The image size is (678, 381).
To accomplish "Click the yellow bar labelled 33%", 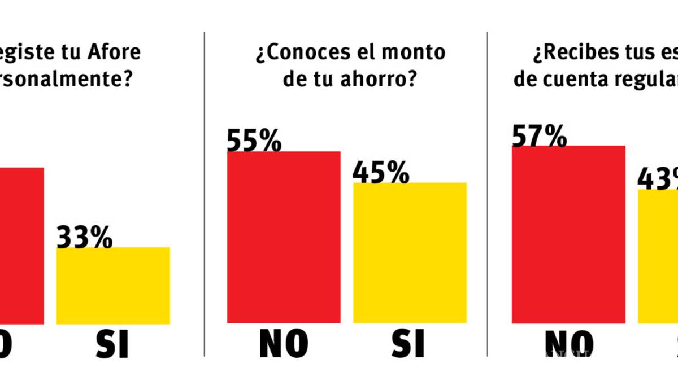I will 113,285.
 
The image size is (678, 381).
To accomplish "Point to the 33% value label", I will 85,238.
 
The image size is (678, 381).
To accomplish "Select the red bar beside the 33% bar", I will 21,246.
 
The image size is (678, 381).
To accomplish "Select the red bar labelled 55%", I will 284,237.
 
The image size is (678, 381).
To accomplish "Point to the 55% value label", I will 254,141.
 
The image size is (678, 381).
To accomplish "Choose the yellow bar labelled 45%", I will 410,252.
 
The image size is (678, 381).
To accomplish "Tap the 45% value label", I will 381,172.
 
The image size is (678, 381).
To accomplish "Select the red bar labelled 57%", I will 568,234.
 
